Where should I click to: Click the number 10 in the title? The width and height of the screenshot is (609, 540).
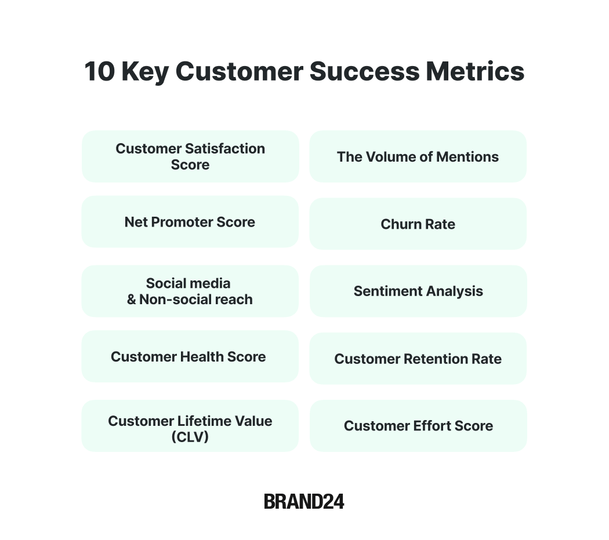pyautogui.click(x=100, y=71)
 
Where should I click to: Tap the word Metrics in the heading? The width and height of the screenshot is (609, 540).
pyautogui.click(x=475, y=71)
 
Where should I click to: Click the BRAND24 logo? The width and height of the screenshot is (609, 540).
pyautogui.click(x=304, y=502)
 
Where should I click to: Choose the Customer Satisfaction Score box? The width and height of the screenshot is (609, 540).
pyautogui.click(x=190, y=156)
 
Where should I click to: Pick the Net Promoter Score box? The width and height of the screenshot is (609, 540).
pyautogui.click(x=190, y=222)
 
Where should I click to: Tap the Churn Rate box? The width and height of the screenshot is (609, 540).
pyautogui.click(x=418, y=224)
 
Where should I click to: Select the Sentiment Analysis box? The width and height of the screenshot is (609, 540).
pyautogui.click(x=418, y=291)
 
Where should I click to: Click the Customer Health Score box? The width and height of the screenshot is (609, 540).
pyautogui.click(x=190, y=356)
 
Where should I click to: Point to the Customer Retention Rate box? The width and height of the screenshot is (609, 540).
pyautogui.click(x=418, y=359)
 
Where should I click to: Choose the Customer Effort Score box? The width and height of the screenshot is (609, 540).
pyautogui.click(x=418, y=425)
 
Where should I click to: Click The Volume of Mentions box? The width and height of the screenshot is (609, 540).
pyautogui.click(x=418, y=156)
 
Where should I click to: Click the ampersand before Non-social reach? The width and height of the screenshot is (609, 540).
pyautogui.click(x=132, y=300)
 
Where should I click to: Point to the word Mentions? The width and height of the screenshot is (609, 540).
pyautogui.click(x=467, y=156)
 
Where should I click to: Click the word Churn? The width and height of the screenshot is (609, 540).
pyautogui.click(x=401, y=224)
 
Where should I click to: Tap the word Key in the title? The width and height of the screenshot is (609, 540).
pyautogui.click(x=145, y=72)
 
